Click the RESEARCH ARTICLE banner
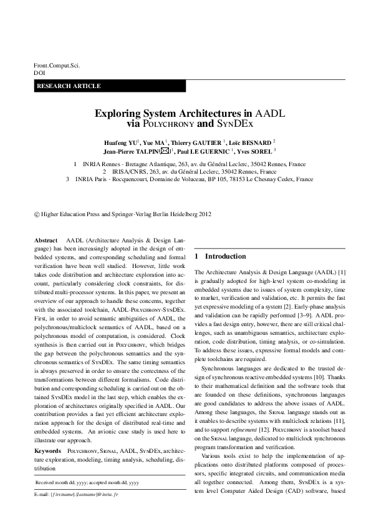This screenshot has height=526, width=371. [x=69, y=86]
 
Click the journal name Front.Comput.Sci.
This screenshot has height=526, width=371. [x=57, y=65]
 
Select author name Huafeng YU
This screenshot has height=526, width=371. [x=120, y=142]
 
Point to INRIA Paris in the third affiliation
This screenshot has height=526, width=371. [x=94, y=179]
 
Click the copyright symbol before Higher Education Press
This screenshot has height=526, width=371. [x=36, y=214]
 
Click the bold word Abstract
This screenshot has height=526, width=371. [x=46, y=240]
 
